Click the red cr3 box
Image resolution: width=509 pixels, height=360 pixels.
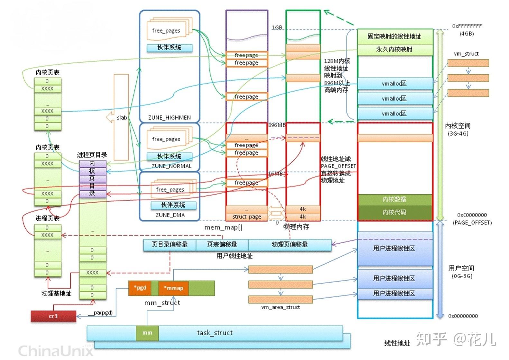[53, 316]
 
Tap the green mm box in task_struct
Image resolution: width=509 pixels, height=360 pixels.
[147, 333]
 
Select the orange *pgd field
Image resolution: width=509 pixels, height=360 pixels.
[140, 288]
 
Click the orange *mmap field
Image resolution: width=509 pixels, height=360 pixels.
[173, 288]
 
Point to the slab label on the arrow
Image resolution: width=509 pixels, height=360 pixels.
[122, 118]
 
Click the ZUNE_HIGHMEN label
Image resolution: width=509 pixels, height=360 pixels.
[169, 118]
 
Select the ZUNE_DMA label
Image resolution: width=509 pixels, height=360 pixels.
[170, 215]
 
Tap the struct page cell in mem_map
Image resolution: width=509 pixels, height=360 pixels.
[246, 217]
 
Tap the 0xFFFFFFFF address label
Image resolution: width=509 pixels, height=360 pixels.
[467, 26]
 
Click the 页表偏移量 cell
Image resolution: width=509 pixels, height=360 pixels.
[222, 245]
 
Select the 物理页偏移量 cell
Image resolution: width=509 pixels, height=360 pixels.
[290, 245]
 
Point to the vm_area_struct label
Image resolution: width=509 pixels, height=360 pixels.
[280, 307]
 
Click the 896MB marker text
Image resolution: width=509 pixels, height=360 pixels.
[277, 125]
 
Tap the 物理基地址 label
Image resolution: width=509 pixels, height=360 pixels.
[56, 293]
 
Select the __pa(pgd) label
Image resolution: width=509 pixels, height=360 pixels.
[100, 312]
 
